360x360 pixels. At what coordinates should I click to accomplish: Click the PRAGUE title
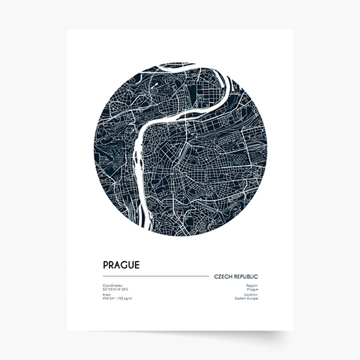pos(121,265)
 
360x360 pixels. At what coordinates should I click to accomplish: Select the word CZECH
pos(223,276)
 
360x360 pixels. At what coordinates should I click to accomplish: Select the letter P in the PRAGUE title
pos(106,265)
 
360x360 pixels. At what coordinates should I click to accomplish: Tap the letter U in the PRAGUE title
pos(131,265)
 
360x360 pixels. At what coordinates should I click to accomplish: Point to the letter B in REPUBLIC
pos(249,276)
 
